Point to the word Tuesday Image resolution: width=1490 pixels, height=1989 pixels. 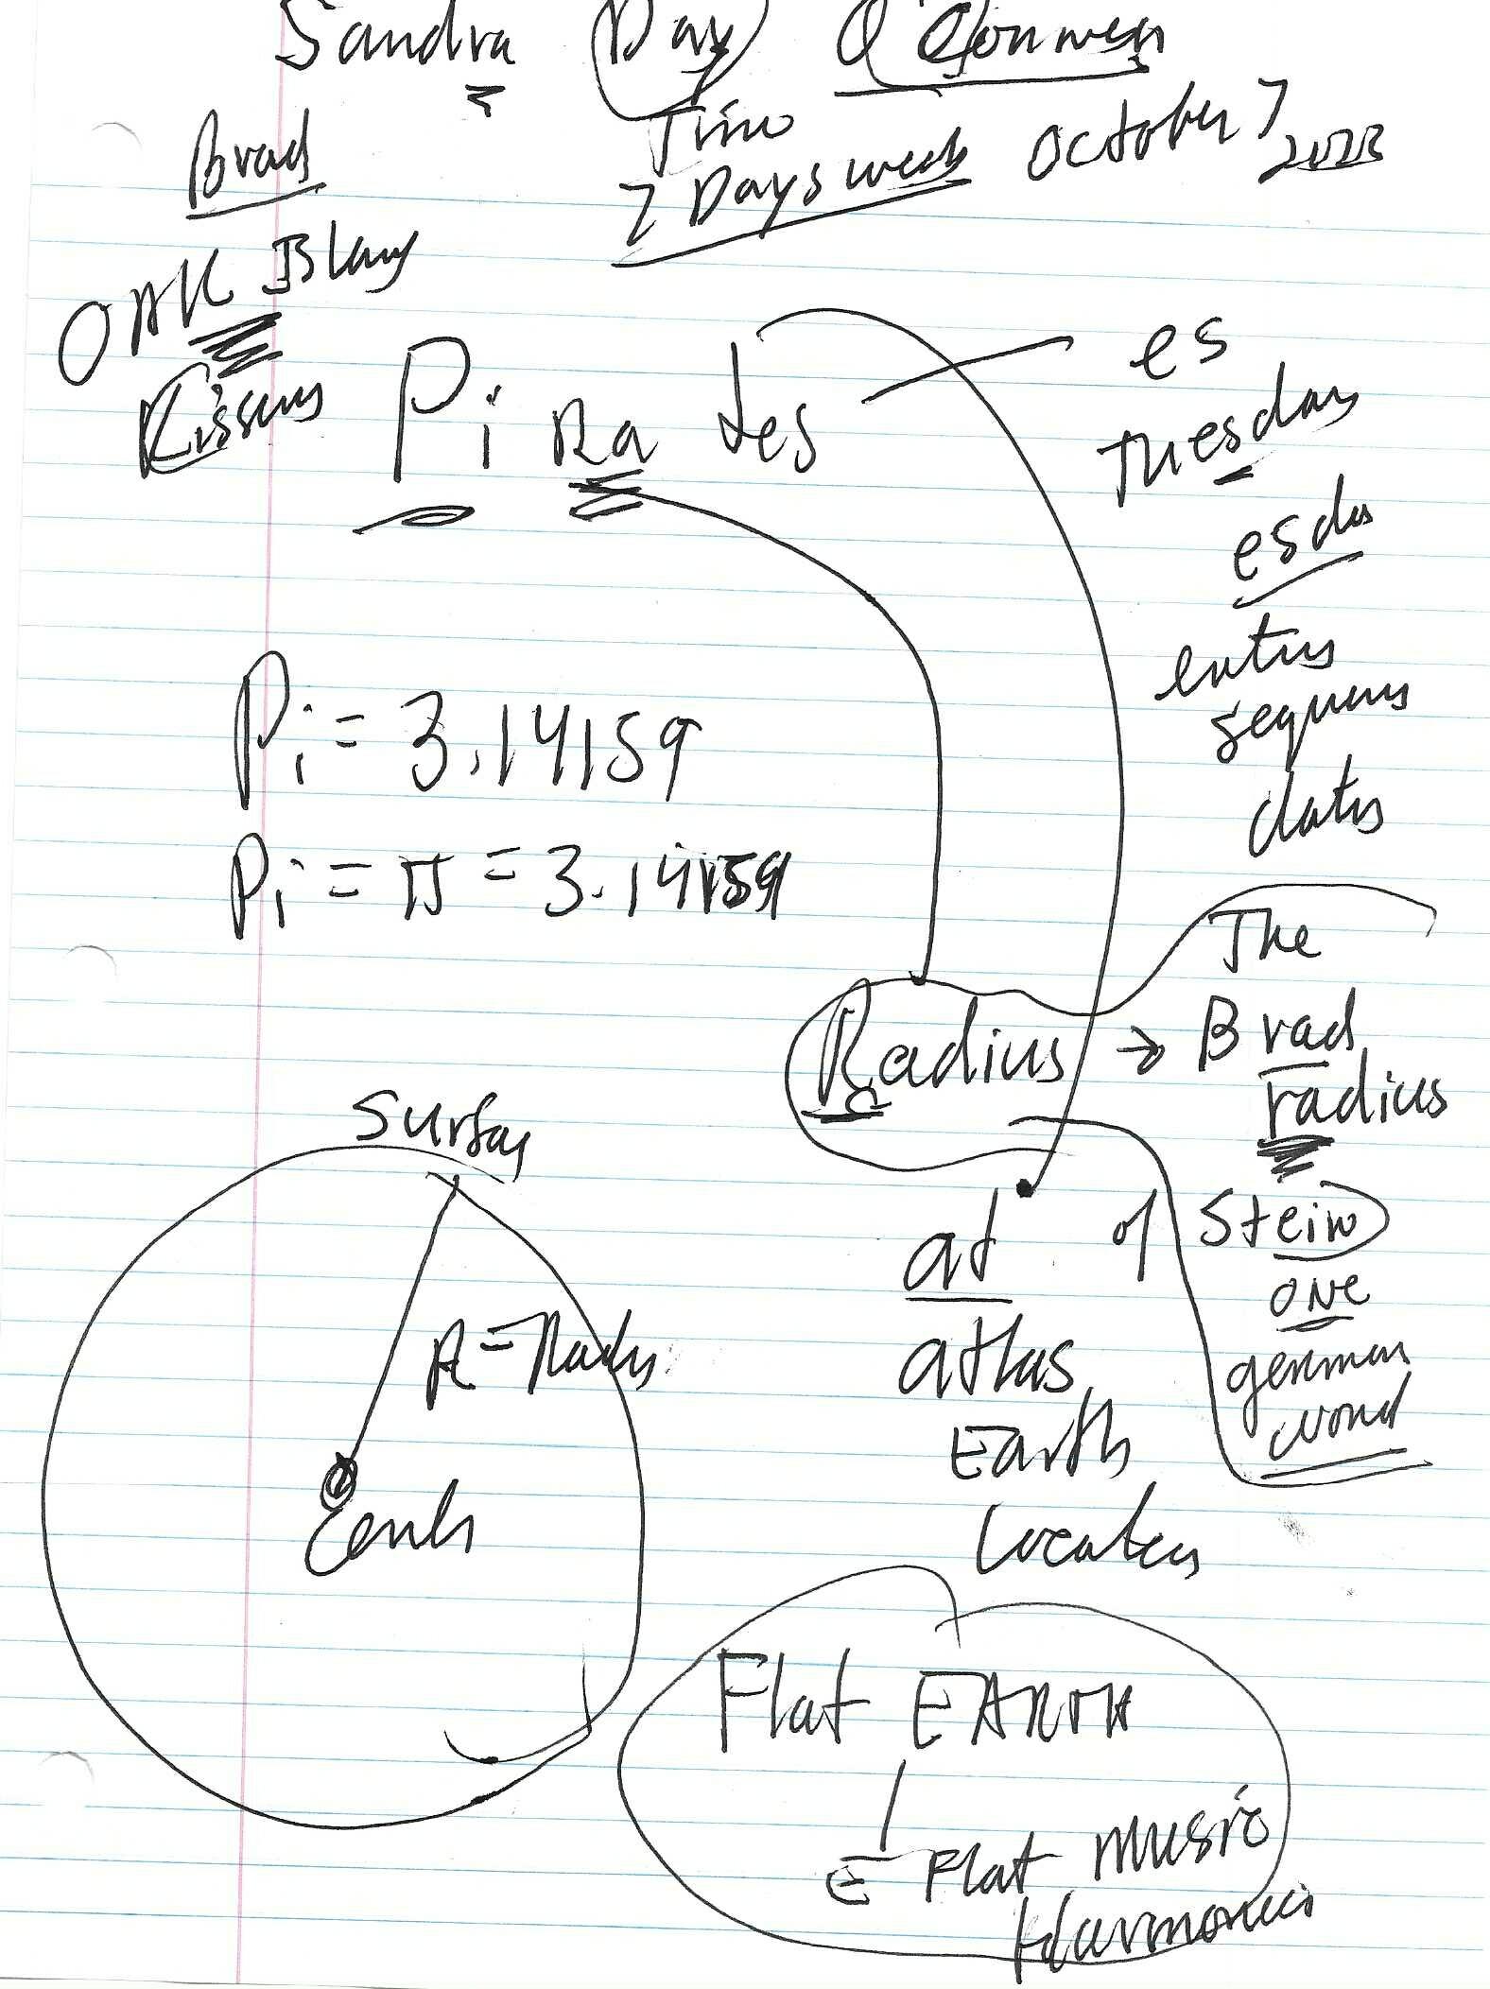tap(1229, 444)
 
